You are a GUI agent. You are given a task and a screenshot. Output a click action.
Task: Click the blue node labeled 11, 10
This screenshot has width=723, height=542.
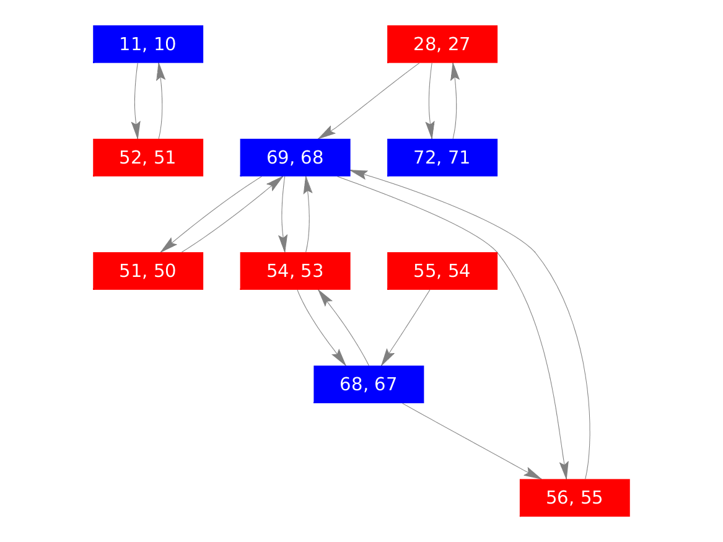pos(148,44)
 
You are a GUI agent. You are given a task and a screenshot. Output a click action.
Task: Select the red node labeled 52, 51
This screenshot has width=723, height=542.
pos(148,157)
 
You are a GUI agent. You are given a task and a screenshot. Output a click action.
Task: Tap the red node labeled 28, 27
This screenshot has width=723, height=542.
pos(442,44)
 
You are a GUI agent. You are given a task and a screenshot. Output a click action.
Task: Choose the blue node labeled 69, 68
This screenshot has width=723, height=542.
pos(295,157)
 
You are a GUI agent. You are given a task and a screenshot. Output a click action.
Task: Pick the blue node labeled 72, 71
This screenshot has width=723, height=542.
pos(442,157)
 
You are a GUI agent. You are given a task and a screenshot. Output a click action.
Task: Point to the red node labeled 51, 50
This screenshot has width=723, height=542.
pos(148,271)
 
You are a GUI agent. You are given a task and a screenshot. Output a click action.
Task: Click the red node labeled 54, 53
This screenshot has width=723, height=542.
pos(295,271)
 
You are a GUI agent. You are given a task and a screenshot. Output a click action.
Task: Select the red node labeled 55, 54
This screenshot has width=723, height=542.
pos(442,271)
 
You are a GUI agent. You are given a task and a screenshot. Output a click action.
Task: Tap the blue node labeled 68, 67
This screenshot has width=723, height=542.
pos(369,384)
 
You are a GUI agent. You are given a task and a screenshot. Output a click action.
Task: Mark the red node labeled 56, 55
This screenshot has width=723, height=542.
pos(574,497)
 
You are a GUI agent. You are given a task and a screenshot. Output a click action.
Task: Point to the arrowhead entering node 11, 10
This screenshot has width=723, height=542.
pos(160,69)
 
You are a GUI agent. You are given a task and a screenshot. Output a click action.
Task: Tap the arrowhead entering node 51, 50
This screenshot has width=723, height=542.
pos(168,246)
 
